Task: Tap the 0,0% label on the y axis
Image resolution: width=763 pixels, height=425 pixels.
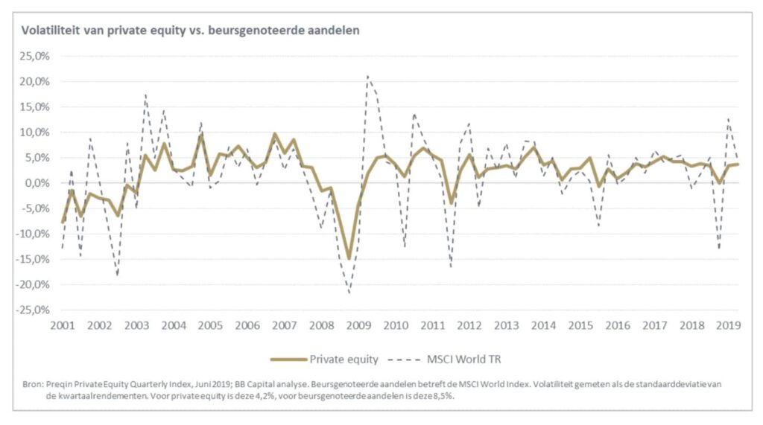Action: coord(37,183)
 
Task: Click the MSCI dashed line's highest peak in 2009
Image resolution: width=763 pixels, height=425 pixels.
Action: coord(367,75)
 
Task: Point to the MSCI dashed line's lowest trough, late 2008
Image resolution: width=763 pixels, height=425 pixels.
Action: coord(349,293)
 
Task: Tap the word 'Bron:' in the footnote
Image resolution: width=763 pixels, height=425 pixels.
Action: coord(34,383)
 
